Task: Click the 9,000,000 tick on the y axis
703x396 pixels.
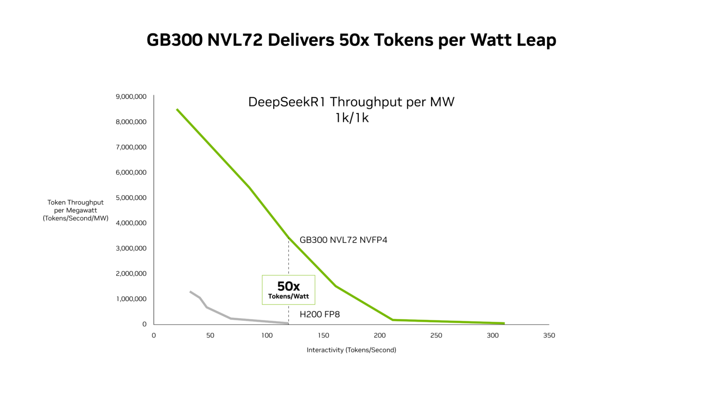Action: point(131,96)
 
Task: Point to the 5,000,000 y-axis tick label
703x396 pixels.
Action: point(131,197)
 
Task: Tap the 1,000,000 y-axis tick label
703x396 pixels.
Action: point(131,299)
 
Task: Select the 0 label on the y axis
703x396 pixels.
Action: point(144,324)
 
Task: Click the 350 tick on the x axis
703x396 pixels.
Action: point(549,335)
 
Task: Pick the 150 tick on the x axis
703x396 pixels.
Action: point(323,335)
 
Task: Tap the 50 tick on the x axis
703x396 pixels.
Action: point(210,335)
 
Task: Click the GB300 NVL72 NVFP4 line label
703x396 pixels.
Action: point(343,240)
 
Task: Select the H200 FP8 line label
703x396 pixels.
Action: point(320,314)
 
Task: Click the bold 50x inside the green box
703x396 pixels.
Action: point(288,286)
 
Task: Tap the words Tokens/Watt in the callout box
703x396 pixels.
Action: point(288,296)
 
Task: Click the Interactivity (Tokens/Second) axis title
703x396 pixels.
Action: point(351,350)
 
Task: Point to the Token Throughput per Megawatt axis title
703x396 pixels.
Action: point(76,210)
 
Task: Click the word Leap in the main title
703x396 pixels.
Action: point(536,40)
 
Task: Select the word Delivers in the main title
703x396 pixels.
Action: point(301,40)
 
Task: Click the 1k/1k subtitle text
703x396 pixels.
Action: point(352,118)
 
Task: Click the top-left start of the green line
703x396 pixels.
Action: point(177,109)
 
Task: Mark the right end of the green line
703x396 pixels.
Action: point(504,323)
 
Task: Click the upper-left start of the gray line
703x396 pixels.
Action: point(190,291)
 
